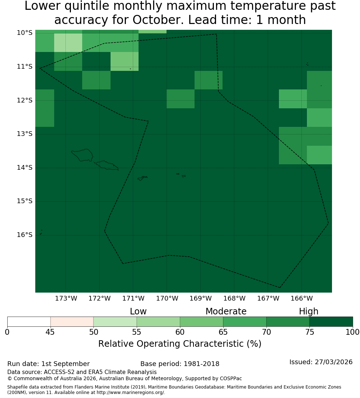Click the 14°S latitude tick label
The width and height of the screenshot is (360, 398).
point(25,168)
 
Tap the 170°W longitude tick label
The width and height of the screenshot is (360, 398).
point(167,298)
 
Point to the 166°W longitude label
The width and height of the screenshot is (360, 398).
point(301,298)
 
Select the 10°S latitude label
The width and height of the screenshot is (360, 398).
point(25,33)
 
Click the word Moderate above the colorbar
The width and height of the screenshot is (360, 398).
point(226,311)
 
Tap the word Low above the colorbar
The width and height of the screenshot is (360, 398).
point(138,311)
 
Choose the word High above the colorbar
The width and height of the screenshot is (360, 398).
point(308,311)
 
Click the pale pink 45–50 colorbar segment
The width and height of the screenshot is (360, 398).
point(72,322)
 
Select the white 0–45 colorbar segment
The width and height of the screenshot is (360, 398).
point(29,322)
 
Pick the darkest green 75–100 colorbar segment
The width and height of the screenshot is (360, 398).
point(331,322)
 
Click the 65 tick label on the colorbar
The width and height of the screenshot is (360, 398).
point(223,332)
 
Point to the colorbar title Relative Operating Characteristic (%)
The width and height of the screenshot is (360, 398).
point(180,344)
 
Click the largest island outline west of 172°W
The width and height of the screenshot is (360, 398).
point(83,155)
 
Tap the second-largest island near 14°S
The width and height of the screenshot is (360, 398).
point(107,165)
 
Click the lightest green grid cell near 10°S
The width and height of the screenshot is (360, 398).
point(68,43)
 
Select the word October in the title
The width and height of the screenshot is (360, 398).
point(157,20)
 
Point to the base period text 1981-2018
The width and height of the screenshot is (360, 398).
point(201,364)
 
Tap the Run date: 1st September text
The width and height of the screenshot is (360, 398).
point(48,364)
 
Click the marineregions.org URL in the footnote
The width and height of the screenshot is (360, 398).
point(131,393)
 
